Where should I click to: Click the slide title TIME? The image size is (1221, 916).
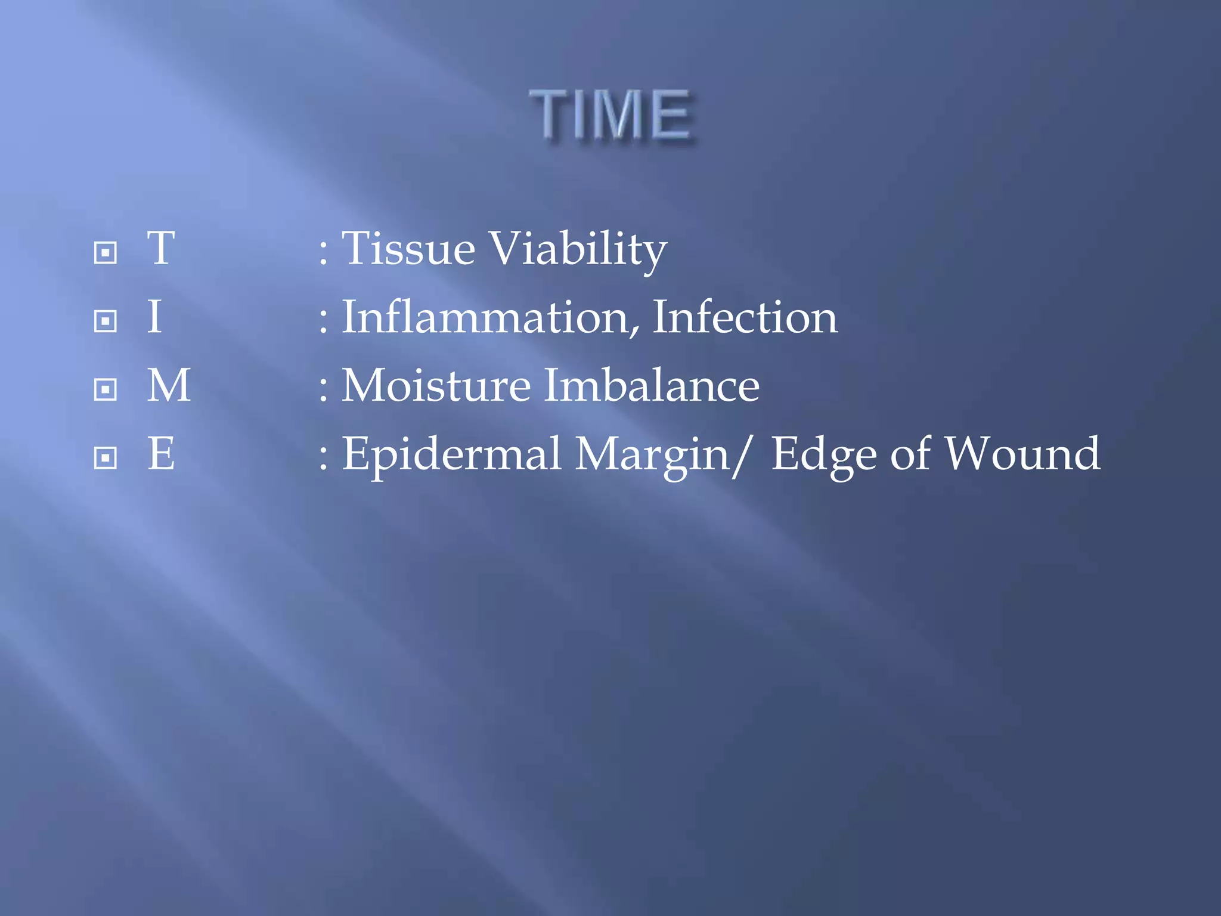point(610,114)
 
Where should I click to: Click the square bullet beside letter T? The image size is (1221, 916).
point(106,253)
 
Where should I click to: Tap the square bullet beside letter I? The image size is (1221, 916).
point(106,321)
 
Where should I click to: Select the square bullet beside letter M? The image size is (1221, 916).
point(106,390)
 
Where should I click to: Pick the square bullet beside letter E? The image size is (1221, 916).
point(106,459)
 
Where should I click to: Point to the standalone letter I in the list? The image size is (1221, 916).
point(154,317)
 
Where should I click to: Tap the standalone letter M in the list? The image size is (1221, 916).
point(169,385)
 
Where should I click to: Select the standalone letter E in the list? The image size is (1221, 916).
point(161,454)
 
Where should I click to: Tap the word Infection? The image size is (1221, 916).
point(745,317)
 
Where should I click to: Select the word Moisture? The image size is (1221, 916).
point(436,385)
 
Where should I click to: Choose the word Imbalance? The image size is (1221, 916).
point(652,385)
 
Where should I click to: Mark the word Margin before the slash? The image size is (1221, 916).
point(652,456)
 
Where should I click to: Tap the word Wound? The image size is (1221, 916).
point(1023,454)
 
